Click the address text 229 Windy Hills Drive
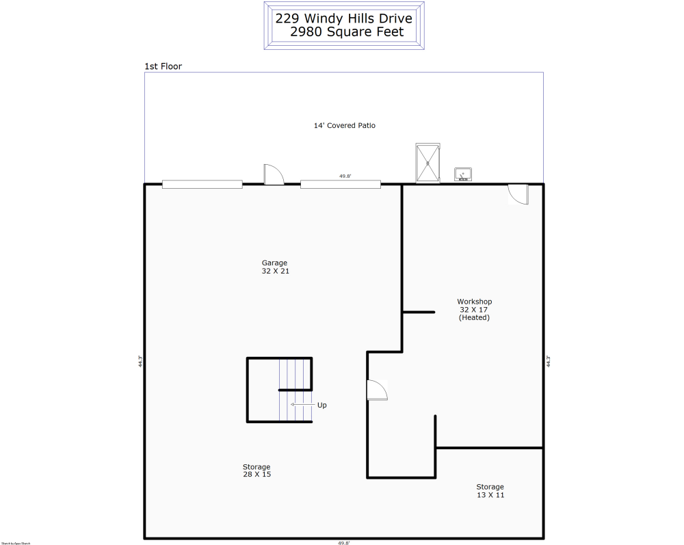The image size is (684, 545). (x=343, y=18)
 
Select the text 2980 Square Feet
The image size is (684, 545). (x=346, y=32)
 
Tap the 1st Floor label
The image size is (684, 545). (x=163, y=66)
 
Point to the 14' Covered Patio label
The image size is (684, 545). (x=344, y=126)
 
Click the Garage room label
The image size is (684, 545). (x=274, y=263)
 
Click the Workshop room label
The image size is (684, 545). (x=474, y=302)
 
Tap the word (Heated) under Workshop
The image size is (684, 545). (x=474, y=317)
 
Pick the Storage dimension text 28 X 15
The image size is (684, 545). (x=256, y=475)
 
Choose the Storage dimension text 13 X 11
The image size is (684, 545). (x=490, y=495)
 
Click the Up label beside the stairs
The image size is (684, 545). (x=321, y=405)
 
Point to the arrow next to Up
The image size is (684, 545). (x=298, y=405)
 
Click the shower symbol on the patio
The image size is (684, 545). (x=428, y=163)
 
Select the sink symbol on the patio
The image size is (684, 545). (x=463, y=175)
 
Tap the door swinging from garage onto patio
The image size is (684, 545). (x=274, y=174)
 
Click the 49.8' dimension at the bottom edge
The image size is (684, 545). (x=343, y=542)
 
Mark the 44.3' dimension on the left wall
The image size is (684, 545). (x=140, y=361)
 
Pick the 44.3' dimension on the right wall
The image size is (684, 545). (x=548, y=361)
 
